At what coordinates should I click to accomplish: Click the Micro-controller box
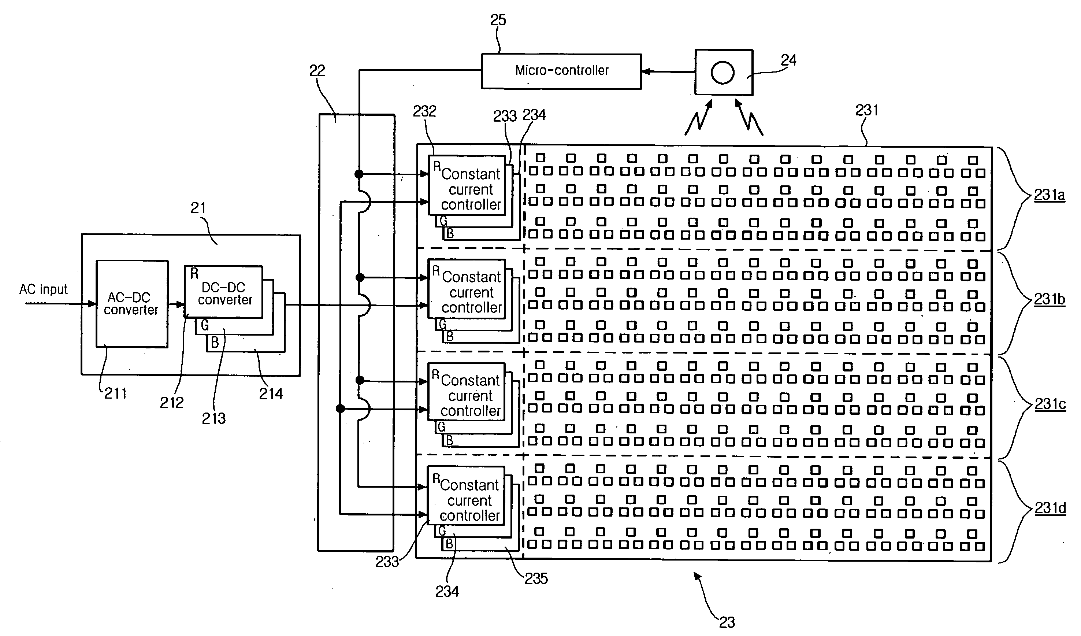[561, 71]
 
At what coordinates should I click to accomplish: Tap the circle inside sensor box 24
[723, 72]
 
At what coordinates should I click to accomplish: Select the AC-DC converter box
[132, 303]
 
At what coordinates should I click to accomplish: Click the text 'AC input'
[43, 289]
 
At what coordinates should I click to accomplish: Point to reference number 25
[498, 20]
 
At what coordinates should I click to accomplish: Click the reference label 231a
[1049, 195]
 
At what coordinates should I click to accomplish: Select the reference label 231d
[1050, 508]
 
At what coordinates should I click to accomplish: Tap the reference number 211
[115, 393]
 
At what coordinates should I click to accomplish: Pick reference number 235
[536, 578]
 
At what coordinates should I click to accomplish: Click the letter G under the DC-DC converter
[205, 325]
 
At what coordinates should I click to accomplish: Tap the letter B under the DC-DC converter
[215, 343]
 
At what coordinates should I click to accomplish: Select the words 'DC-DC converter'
[224, 293]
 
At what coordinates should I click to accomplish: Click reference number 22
[317, 71]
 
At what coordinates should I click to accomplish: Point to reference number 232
[424, 111]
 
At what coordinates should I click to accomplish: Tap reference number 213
[213, 418]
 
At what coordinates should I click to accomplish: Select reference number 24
[788, 60]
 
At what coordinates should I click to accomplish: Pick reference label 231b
[1049, 299]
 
